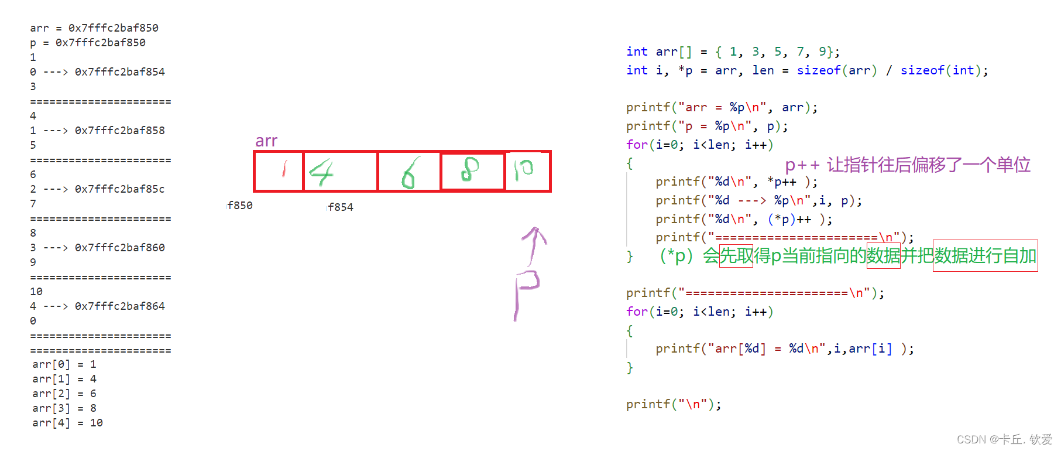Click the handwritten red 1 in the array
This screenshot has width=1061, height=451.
coord(284,169)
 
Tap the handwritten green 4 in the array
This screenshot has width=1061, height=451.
coord(321,172)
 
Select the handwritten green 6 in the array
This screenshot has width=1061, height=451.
coord(409,173)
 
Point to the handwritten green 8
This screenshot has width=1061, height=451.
coord(470,169)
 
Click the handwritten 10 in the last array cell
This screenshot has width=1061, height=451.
coord(524,169)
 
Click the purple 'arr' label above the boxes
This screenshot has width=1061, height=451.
coord(266,141)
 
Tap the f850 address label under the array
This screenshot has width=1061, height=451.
coord(240,206)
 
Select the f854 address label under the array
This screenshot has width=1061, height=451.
coord(341,207)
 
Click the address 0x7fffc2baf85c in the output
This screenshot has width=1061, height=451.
coord(119,189)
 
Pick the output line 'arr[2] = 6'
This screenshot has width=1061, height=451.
coord(64,394)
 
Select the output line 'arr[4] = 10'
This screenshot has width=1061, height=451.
coord(67,423)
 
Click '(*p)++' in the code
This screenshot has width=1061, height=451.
coord(789,219)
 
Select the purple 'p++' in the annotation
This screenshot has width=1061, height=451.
coord(802,165)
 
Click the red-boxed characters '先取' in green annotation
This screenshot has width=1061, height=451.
coord(736,256)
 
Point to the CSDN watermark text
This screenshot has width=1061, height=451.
coord(1004,439)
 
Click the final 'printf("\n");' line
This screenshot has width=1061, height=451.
coord(674,404)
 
